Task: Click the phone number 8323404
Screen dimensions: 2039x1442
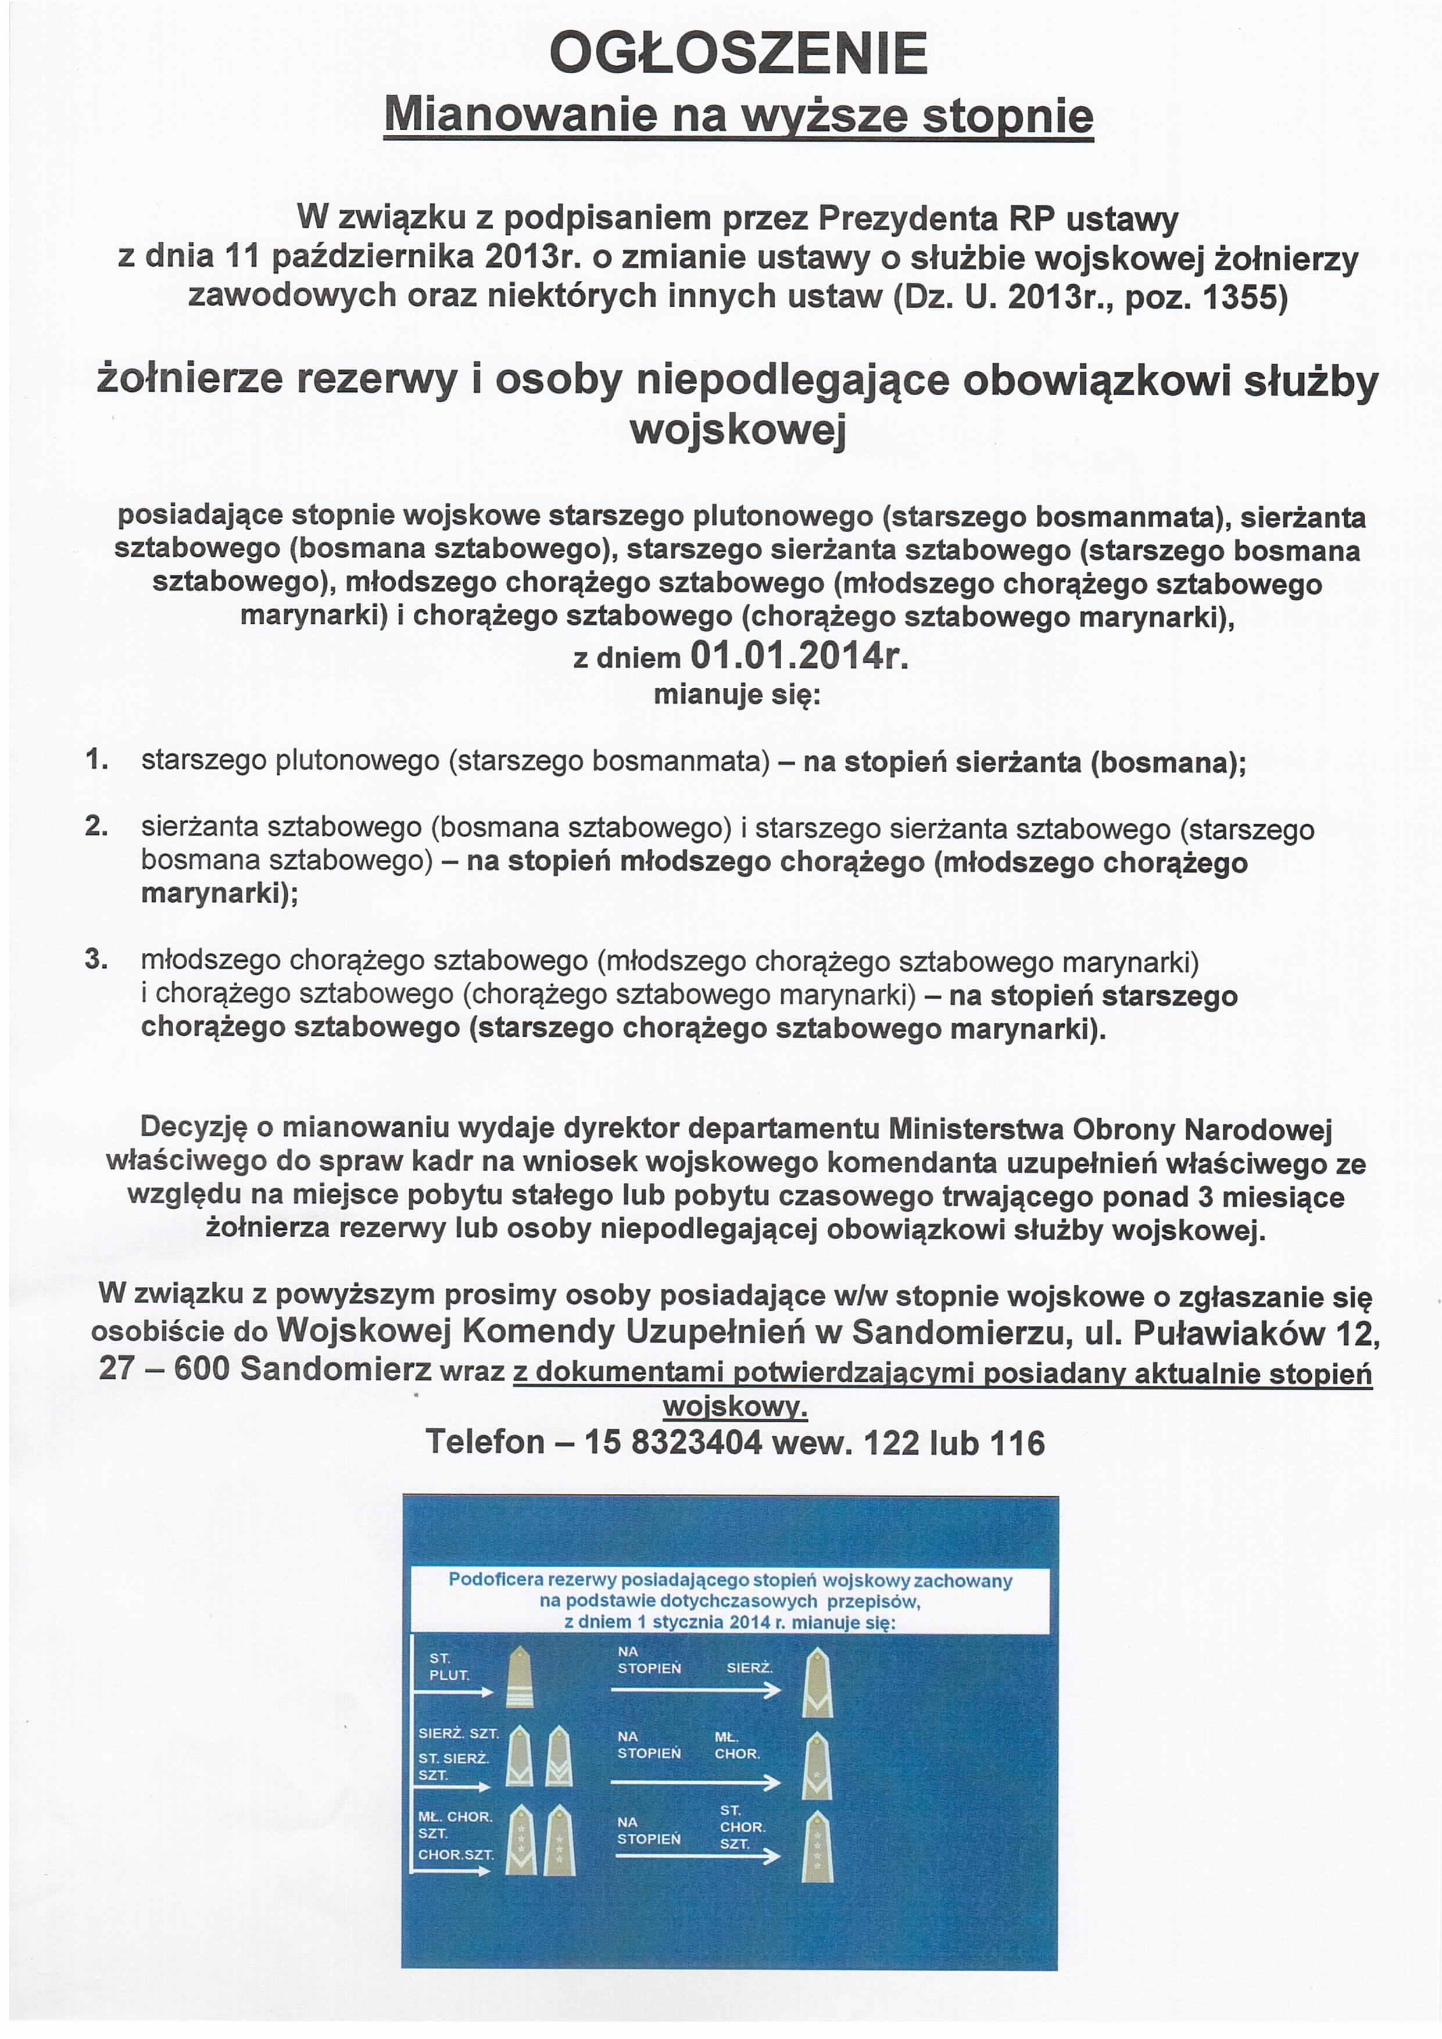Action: pyautogui.click(x=696, y=1441)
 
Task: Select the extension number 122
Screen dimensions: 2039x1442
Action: pyautogui.click(x=890, y=1441)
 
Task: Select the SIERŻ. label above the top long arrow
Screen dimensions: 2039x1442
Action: pyautogui.click(x=749, y=1668)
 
